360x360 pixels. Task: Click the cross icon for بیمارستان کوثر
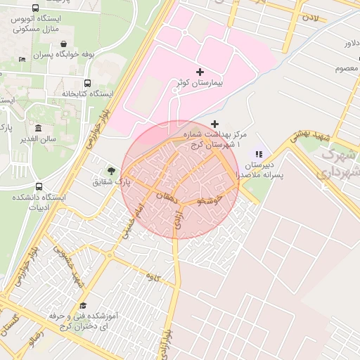tap(200, 72)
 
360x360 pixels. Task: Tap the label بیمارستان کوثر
tap(198, 84)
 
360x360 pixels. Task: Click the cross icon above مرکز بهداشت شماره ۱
tap(215, 124)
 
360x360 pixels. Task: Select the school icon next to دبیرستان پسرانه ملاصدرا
tap(259, 153)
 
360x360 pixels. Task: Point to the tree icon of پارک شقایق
tap(110, 170)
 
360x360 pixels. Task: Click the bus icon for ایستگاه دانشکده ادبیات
tap(39, 186)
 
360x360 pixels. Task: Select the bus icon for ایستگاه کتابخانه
tap(87, 82)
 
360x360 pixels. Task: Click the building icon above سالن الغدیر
tap(38, 129)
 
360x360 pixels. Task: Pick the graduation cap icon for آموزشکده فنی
tap(84, 305)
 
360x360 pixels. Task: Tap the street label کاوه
tap(154, 276)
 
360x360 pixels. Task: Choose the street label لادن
tap(311, 15)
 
